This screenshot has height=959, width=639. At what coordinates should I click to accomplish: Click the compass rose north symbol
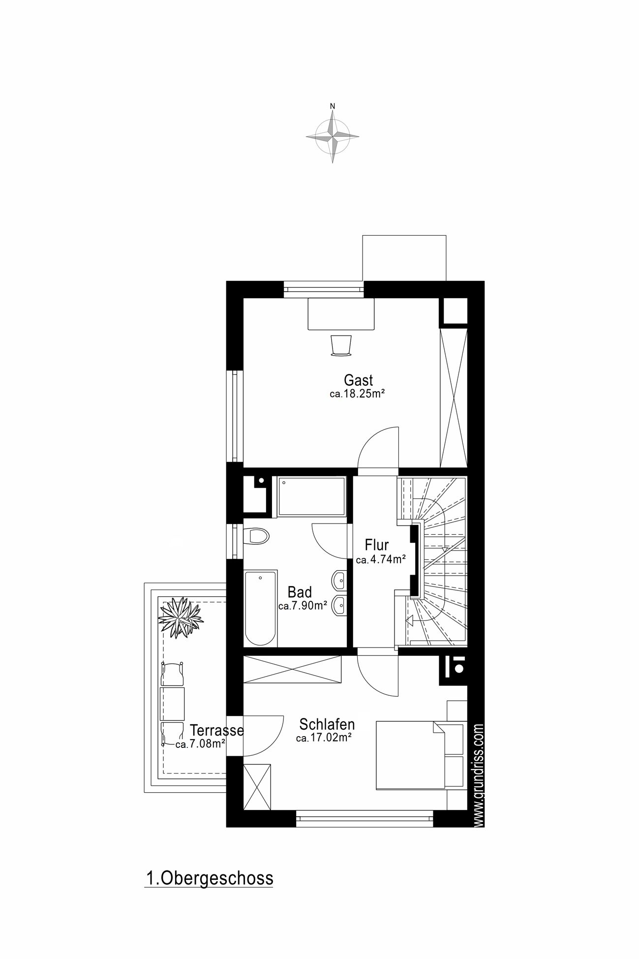(333, 134)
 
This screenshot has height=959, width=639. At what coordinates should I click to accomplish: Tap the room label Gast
(358, 380)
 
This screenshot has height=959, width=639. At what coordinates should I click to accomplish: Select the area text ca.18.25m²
(357, 394)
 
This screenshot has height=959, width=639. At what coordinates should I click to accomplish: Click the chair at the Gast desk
(341, 344)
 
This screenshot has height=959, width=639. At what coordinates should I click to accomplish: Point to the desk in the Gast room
(341, 313)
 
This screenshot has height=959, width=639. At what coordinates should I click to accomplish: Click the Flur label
(377, 545)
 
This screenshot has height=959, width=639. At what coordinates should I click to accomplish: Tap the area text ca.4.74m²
(381, 559)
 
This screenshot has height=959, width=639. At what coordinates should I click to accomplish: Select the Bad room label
(300, 592)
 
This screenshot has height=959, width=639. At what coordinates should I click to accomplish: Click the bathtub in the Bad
(261, 608)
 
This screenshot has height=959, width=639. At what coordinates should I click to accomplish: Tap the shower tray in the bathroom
(311, 496)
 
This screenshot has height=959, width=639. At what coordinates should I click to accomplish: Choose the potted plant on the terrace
(180, 618)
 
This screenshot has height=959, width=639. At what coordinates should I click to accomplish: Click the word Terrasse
(217, 730)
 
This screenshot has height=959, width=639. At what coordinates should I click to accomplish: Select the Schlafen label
(327, 725)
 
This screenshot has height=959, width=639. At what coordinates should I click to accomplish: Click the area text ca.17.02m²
(324, 738)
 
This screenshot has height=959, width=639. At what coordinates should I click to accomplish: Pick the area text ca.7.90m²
(303, 606)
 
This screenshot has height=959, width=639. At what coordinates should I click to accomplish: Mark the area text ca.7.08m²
(200, 744)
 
